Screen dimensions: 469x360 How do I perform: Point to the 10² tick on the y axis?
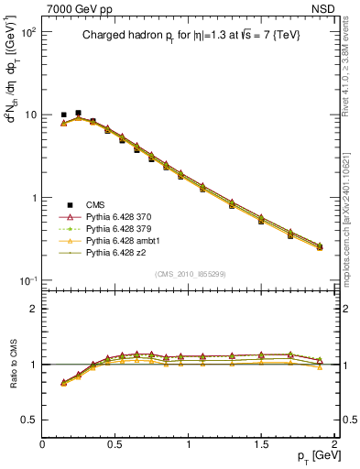pos(27,32)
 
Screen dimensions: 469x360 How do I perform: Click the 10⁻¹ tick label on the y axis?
pos(27,280)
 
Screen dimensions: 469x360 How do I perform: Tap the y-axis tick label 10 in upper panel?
pos(30,115)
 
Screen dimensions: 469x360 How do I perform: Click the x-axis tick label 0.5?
pos(115,444)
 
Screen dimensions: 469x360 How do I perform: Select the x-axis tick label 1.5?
pos(261,444)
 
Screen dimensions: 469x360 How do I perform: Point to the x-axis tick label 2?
pos(334,444)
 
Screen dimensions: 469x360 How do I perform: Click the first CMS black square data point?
pos(63,115)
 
